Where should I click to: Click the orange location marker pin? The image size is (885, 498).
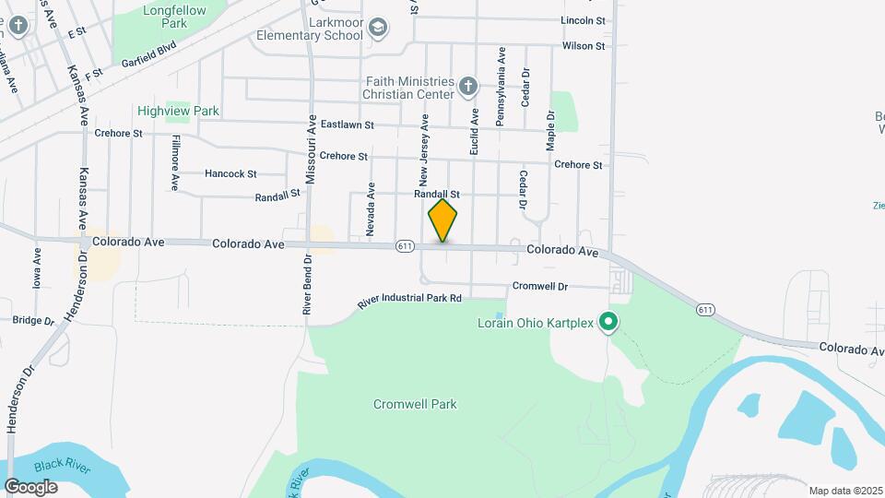pyautogui.click(x=442, y=220)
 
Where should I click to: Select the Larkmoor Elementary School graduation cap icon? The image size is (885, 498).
pyautogui.click(x=376, y=29)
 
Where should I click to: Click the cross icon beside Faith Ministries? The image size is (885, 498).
pyautogui.click(x=467, y=88)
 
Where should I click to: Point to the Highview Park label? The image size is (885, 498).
pyautogui.click(x=178, y=111)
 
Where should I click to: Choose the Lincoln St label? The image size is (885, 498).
pyautogui.click(x=583, y=20)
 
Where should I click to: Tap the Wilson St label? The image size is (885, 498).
pyautogui.click(x=583, y=45)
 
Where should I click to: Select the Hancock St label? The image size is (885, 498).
pyautogui.click(x=230, y=173)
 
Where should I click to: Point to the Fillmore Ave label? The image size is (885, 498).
pyautogui.click(x=174, y=163)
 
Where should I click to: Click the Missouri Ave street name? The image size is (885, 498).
pyautogui.click(x=312, y=148)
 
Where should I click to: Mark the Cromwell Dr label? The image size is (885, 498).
pyautogui.click(x=539, y=286)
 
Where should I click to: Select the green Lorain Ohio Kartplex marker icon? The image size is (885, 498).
pyautogui.click(x=608, y=322)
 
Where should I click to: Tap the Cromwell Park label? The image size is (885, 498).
pyautogui.click(x=415, y=404)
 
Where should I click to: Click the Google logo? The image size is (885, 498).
pyautogui.click(x=30, y=487)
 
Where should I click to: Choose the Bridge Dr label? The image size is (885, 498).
pyautogui.click(x=34, y=320)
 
